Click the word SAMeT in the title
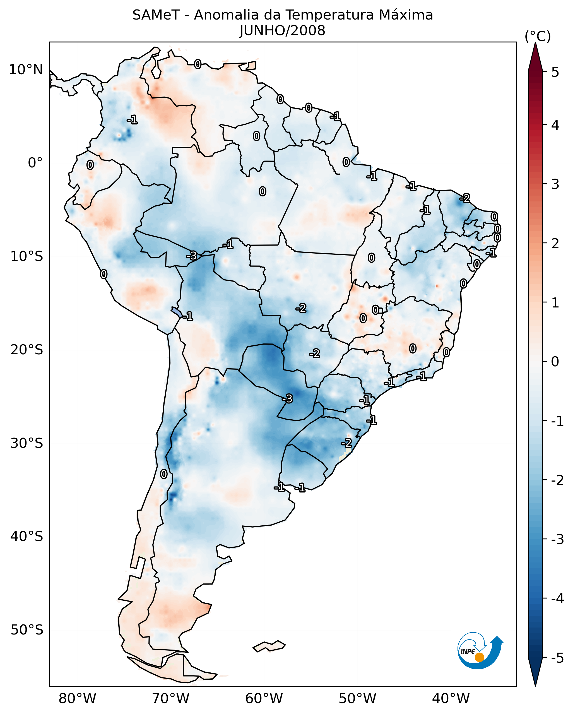(156, 15)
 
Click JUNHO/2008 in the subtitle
(282, 30)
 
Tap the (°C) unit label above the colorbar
(538, 37)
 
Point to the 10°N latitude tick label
(26, 70)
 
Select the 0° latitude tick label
(35, 163)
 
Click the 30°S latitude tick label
(27, 443)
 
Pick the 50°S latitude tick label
(27, 630)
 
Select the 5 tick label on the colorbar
(555, 72)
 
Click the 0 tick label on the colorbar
(555, 361)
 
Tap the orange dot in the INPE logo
(479, 657)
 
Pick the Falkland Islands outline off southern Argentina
(269, 646)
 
